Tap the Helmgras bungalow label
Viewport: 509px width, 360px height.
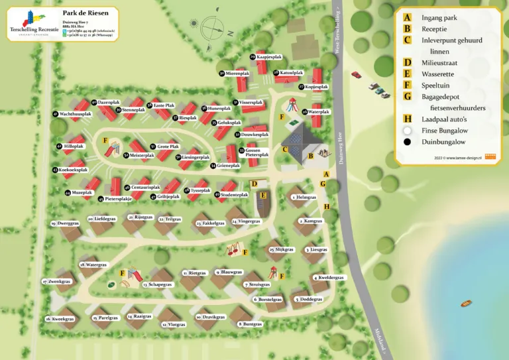point(306,197)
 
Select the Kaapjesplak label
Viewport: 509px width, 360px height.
point(266,57)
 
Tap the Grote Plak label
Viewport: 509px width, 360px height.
point(168,146)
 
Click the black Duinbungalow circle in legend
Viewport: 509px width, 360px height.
point(407,142)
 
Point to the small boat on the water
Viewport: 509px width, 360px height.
point(467,304)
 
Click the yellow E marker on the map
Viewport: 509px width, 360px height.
point(263,195)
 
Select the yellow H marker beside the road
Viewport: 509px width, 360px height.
point(326,206)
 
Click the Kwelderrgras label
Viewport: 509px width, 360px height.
point(331,278)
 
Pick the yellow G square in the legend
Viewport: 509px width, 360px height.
point(407,97)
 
